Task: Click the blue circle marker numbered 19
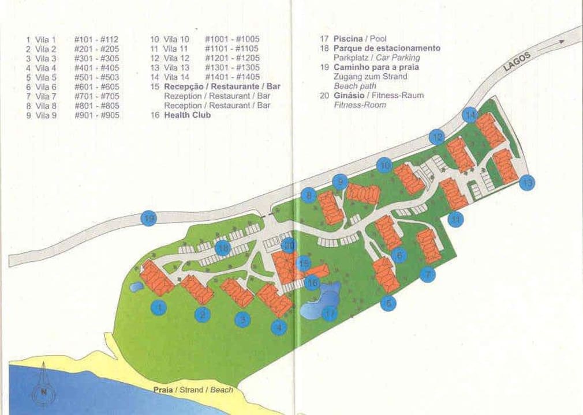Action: point(149,218)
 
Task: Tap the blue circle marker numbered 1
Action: point(159,308)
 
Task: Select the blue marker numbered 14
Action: point(470,115)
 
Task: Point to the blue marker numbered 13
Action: point(526,183)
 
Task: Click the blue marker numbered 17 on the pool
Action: point(329,314)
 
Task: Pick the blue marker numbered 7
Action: point(427,275)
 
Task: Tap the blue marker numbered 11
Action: point(456,220)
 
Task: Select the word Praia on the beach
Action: point(162,390)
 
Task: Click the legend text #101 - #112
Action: point(96,40)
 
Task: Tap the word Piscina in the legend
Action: point(347,39)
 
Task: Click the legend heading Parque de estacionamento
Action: point(387,48)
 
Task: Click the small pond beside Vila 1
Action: point(137,286)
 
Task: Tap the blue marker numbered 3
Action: point(242,319)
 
